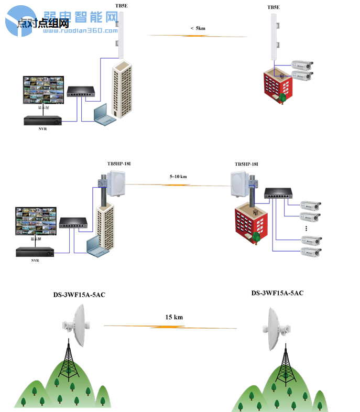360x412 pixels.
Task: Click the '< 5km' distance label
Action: pos(198,28)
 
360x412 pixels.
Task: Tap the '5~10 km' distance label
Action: pos(178,177)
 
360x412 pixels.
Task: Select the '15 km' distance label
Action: pos(174,317)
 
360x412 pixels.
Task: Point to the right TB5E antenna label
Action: pos(274,7)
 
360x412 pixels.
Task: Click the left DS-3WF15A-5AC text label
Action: pos(79,295)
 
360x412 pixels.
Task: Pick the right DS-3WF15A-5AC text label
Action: pos(277,293)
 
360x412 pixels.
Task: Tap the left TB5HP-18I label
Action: pos(118,164)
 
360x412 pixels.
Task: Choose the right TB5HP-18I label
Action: pos(246,165)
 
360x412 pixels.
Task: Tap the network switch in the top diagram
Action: pos(79,92)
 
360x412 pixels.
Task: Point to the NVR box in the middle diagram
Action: pos(35,252)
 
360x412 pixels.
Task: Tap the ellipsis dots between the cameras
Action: pos(306,229)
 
